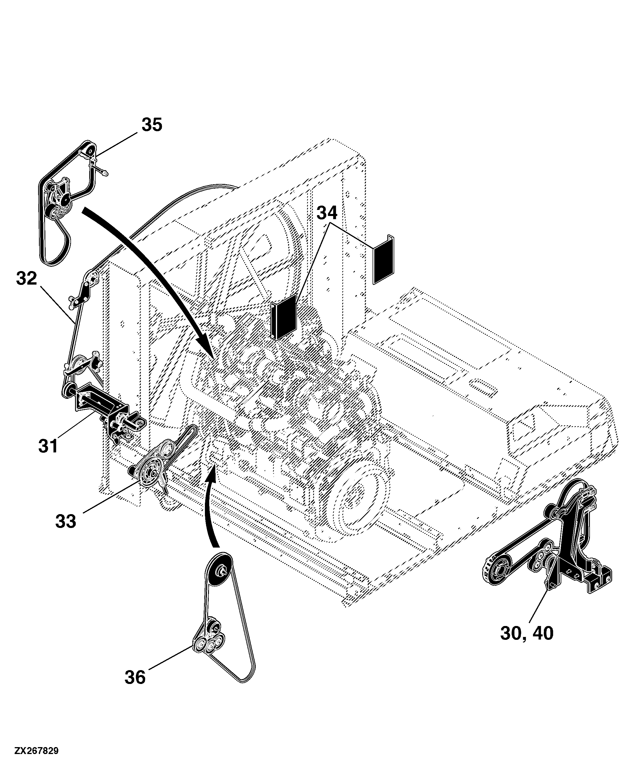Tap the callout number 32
coord(27,279)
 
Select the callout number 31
coord(48,446)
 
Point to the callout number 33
coord(66,521)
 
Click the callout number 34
coord(327,213)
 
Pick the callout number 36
coord(135,677)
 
